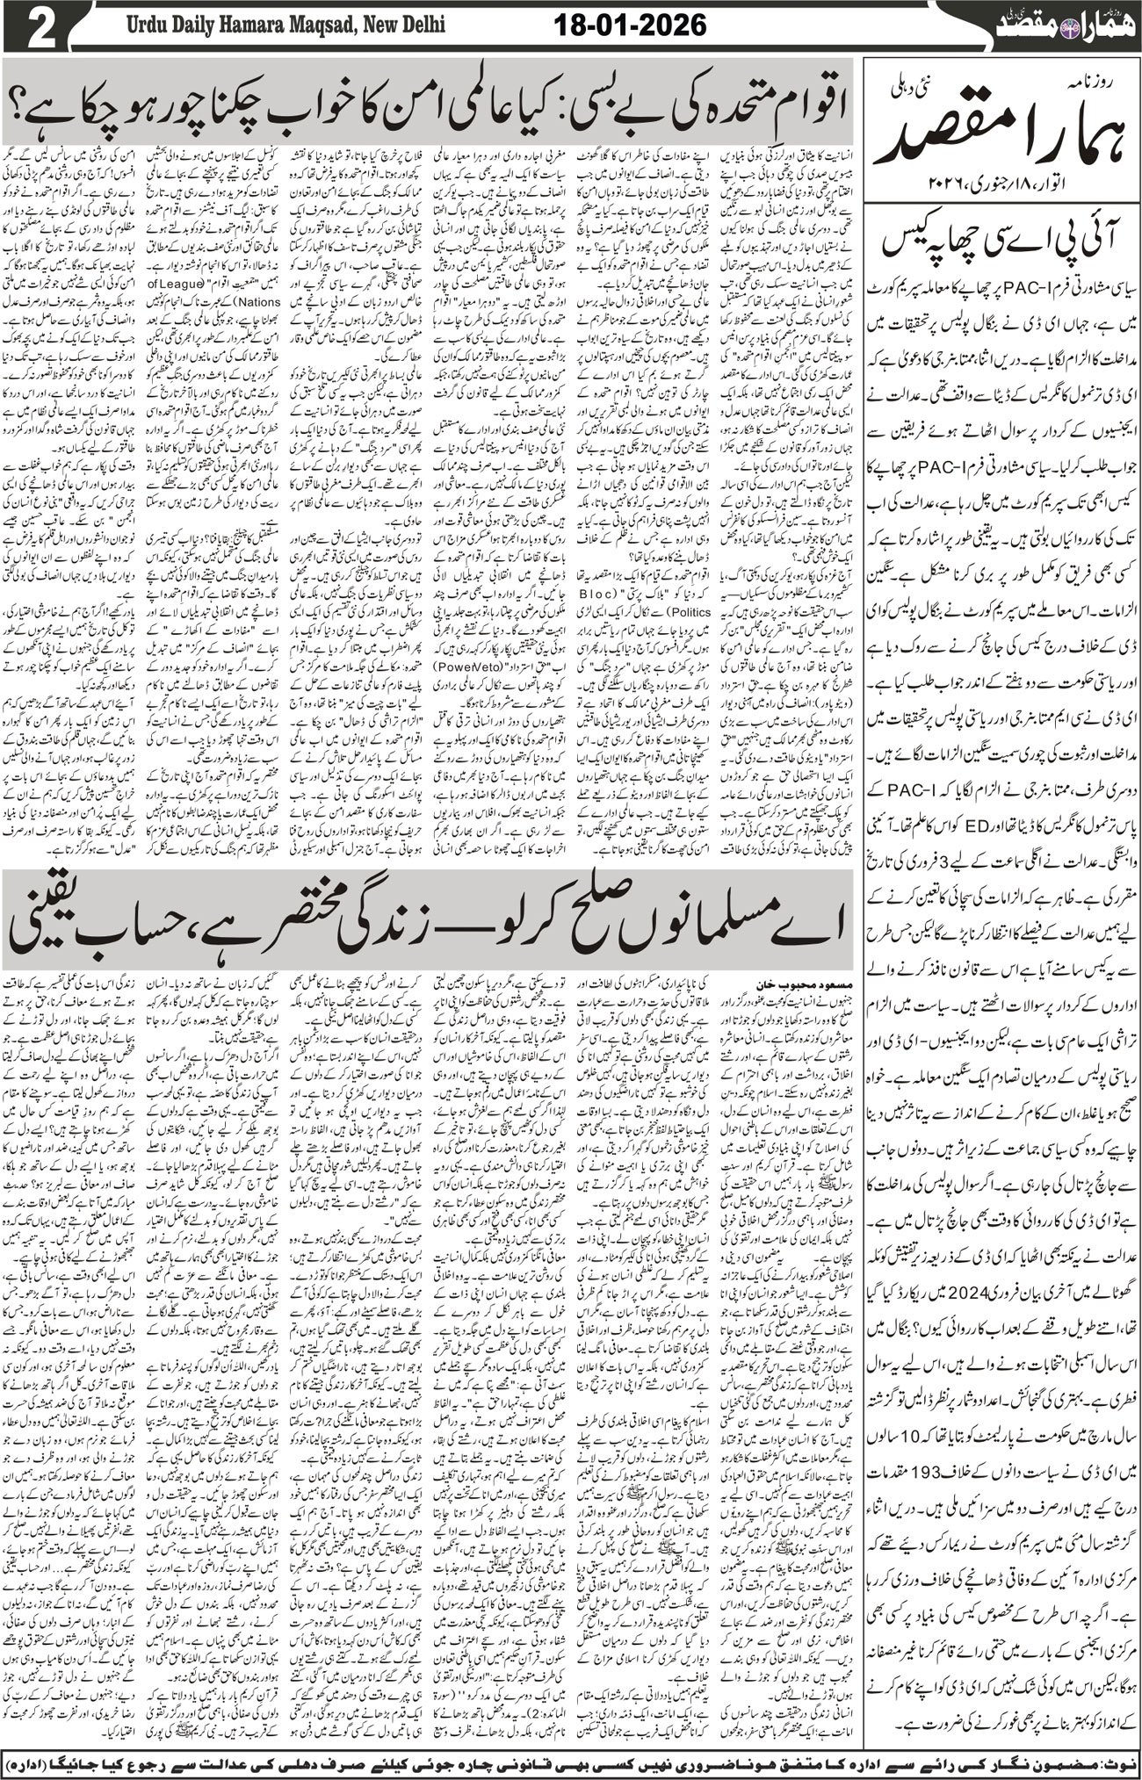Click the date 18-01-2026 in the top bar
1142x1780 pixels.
[x=631, y=25]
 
